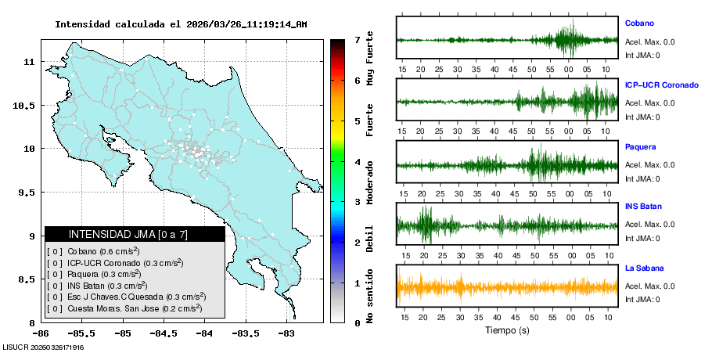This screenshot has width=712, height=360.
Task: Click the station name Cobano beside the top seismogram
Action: coord(639,23)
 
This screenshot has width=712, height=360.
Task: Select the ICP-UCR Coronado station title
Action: coord(661,85)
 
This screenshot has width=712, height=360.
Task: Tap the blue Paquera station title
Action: coord(640,146)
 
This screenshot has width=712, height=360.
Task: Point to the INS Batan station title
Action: coord(643,207)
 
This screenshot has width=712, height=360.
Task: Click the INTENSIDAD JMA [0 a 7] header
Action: coord(135,234)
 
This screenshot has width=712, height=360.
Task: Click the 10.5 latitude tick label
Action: coord(25,105)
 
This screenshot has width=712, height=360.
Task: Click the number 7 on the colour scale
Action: coord(357,39)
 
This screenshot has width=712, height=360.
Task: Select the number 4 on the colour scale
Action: coord(357,162)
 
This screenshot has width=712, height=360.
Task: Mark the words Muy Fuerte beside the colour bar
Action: coord(370,67)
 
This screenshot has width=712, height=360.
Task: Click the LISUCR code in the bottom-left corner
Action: coord(44,347)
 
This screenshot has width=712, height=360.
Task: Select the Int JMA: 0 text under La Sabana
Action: coord(642,300)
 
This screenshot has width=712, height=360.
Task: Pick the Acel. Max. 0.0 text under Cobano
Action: coord(649,42)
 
